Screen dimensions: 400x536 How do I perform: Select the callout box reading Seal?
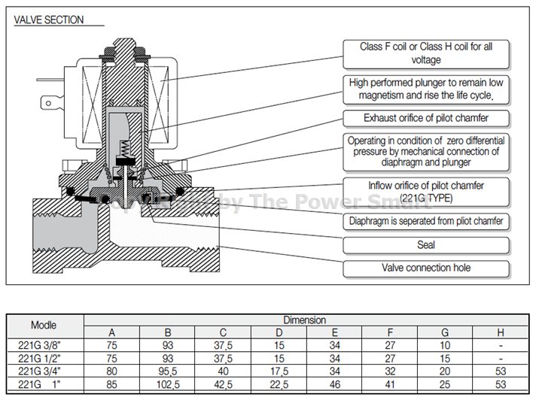point(425,244)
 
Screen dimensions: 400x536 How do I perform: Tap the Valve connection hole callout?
point(425,267)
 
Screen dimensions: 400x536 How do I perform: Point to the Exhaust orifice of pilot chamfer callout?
point(425,118)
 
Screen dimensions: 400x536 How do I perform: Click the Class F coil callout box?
point(425,53)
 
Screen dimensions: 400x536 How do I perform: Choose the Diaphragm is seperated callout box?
point(425,222)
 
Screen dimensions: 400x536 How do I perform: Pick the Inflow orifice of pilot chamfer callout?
point(425,191)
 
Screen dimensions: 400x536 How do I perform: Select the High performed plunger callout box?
point(425,88)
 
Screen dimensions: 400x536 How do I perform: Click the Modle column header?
point(44,326)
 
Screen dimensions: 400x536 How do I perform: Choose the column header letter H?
point(501,332)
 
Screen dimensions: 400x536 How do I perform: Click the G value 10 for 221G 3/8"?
point(445,347)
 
